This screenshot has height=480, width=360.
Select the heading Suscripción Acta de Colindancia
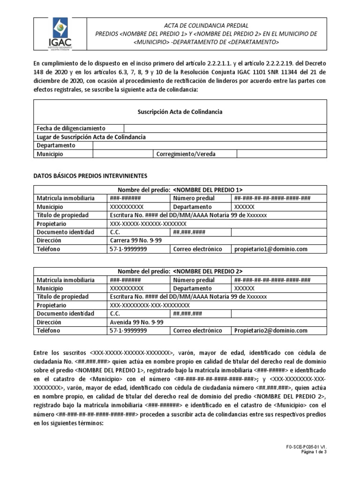[x=180, y=112]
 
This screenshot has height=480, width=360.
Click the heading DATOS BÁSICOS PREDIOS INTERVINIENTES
[x=90, y=176]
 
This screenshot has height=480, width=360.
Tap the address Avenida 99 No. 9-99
[x=136, y=322]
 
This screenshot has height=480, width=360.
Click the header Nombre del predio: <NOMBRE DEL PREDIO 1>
[x=180, y=190]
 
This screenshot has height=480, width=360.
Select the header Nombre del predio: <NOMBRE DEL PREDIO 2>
[x=180, y=271]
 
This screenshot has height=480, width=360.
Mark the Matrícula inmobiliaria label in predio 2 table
[x=66, y=280]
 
